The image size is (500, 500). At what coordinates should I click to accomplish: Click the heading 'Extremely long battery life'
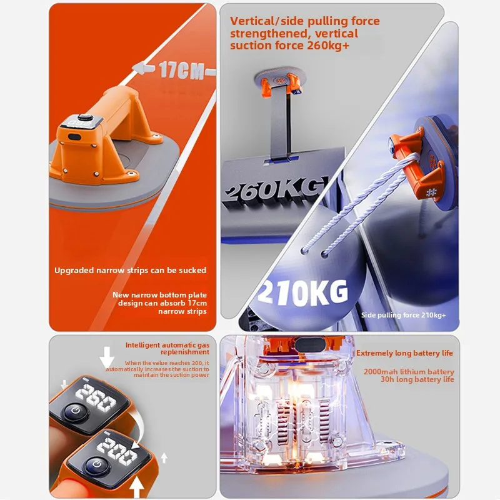[x=405, y=353]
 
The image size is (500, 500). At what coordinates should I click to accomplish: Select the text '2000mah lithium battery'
[x=409, y=371]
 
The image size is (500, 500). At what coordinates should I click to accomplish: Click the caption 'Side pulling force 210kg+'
[x=404, y=314]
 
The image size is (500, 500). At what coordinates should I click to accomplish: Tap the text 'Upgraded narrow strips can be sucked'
[x=130, y=271]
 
